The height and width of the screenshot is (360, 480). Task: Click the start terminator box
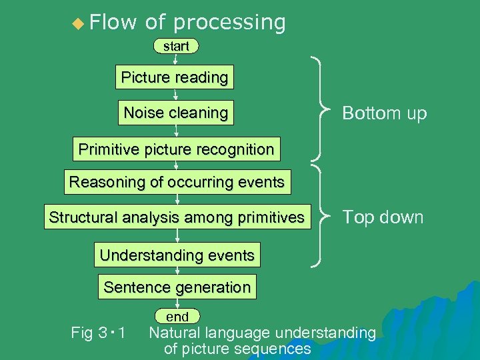[176, 46]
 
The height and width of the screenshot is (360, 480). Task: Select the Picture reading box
[175, 77]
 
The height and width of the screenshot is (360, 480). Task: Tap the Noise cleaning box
[176, 113]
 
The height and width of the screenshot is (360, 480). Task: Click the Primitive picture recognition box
[176, 149]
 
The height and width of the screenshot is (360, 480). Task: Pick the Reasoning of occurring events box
[177, 181]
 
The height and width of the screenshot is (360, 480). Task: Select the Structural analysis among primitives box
[177, 217]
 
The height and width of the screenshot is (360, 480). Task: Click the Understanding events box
[177, 255]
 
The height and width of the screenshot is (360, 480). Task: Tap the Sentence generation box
[177, 287]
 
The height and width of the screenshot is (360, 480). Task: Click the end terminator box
[177, 317]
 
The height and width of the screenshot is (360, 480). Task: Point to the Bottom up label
[384, 113]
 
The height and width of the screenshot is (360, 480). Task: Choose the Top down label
[383, 217]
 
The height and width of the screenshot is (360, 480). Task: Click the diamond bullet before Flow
[79, 24]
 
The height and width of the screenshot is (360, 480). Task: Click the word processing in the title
[229, 23]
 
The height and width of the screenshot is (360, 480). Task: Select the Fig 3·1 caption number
[100, 332]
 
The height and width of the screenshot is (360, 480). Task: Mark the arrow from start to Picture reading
[175, 59]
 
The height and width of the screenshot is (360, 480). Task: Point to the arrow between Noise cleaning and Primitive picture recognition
[176, 131]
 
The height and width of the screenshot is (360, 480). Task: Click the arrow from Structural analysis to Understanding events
[177, 236]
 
